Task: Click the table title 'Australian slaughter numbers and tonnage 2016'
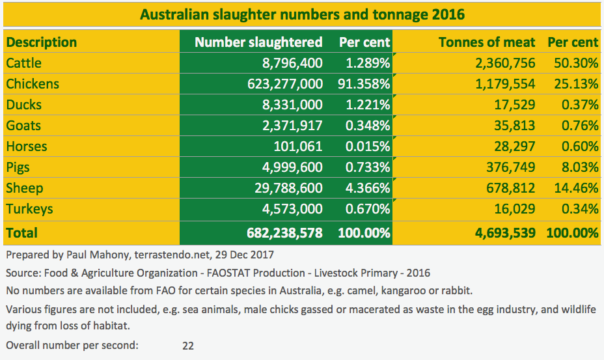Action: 302,14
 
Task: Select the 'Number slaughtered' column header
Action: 258,42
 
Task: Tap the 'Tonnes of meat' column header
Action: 487,42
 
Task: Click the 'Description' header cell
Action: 42,42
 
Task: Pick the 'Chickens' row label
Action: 33,84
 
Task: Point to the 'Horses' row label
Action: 27,146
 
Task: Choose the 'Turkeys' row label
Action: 29,209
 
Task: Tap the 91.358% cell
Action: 364,84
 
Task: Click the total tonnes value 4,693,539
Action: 501,232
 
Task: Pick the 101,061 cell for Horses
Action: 296,146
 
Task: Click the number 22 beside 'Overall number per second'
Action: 188,346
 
